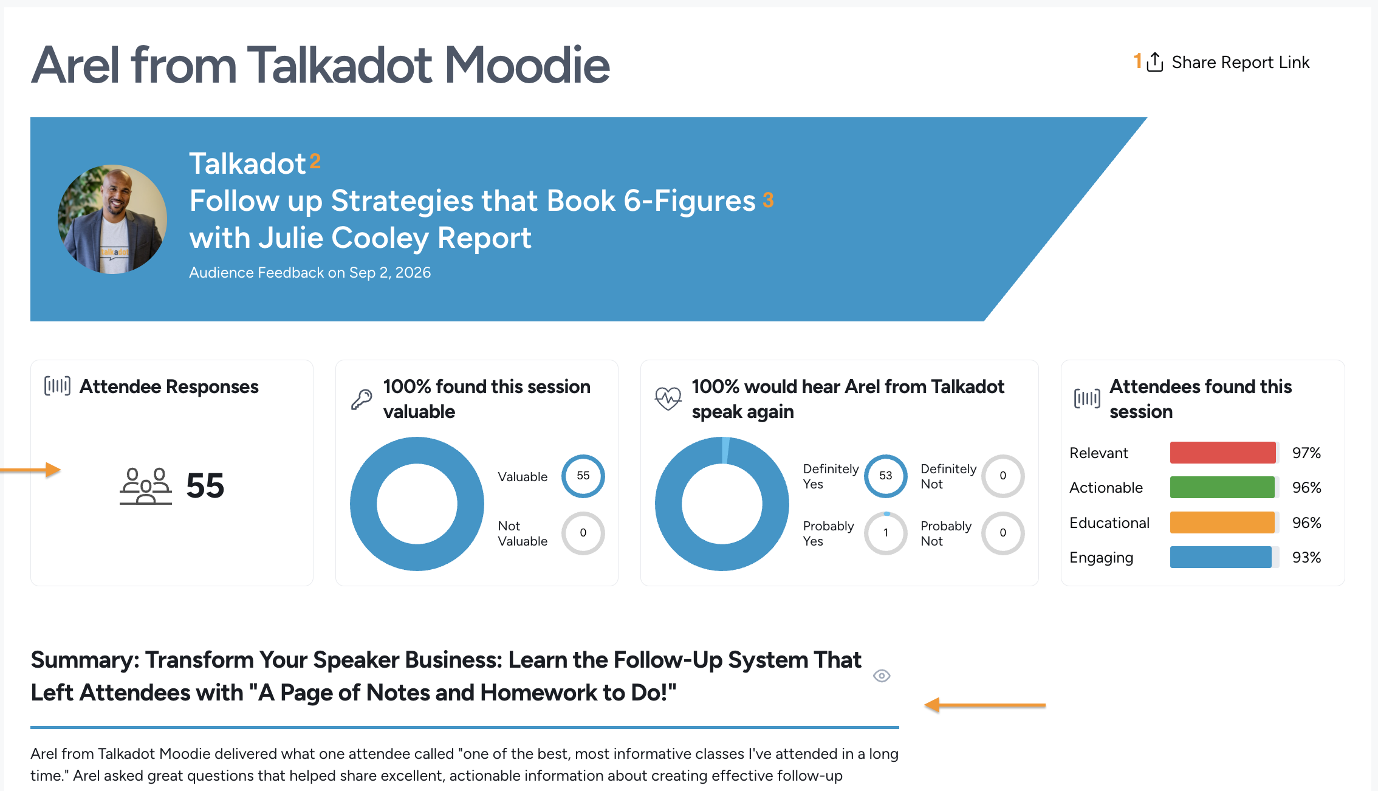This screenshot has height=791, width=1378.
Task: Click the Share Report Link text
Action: point(1240,63)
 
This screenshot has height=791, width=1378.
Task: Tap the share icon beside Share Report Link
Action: point(1155,61)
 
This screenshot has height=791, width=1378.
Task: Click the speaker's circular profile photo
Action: point(112,219)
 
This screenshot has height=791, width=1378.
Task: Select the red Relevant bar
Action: point(1222,453)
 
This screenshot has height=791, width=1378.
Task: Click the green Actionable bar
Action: point(1222,487)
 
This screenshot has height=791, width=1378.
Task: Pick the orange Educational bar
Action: point(1222,522)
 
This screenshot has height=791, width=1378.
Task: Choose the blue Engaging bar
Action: point(1221,557)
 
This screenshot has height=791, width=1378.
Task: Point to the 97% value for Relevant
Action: point(1306,453)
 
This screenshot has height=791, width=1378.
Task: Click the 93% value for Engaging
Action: point(1306,557)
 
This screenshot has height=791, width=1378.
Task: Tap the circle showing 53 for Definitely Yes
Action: point(885,476)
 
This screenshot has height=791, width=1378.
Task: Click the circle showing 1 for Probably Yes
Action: point(885,533)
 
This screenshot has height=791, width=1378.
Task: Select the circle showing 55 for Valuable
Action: point(583,476)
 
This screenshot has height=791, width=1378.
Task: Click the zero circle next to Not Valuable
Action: point(583,533)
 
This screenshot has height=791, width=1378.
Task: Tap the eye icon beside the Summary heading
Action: point(882,676)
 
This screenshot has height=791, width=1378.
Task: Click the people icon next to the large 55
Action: point(146,486)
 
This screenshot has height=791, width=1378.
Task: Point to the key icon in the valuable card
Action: point(362,399)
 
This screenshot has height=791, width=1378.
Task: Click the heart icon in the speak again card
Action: point(668,399)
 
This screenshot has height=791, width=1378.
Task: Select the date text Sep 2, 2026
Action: point(390,273)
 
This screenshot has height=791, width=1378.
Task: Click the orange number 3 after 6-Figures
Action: point(768,200)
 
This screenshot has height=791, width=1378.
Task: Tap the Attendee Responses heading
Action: point(169,386)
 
